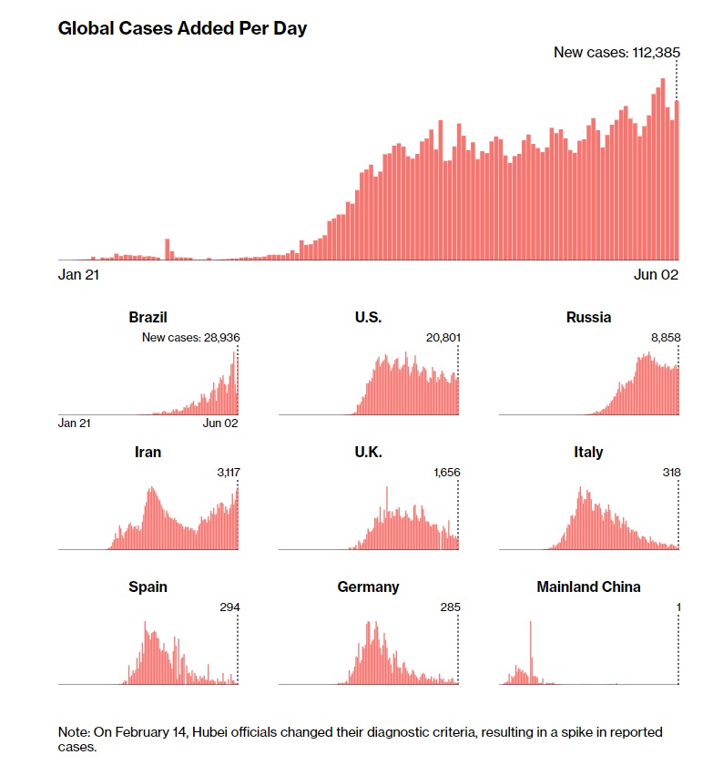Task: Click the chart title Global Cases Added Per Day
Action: pyautogui.click(x=182, y=28)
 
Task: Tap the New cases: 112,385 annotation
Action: pyautogui.click(x=616, y=52)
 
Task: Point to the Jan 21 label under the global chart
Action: pyautogui.click(x=78, y=274)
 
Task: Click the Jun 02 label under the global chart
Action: pyautogui.click(x=657, y=274)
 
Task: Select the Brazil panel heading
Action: pyautogui.click(x=148, y=317)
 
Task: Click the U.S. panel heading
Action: pyautogui.click(x=368, y=317)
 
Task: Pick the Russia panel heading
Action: pyautogui.click(x=588, y=317)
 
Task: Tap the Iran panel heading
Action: pyautogui.click(x=148, y=452)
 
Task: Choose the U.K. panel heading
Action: pyautogui.click(x=368, y=452)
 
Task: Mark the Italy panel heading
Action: pyautogui.click(x=588, y=452)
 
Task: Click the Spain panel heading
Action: pyautogui.click(x=148, y=586)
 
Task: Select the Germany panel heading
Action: pyautogui.click(x=368, y=586)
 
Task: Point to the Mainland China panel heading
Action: pyautogui.click(x=588, y=586)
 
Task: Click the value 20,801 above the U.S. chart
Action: pyautogui.click(x=443, y=338)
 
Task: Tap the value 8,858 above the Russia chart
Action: pyautogui.click(x=664, y=338)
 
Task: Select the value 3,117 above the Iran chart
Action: pyautogui.click(x=224, y=473)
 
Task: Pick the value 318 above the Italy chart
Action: pyautogui.click(x=669, y=473)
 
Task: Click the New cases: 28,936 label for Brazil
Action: pyautogui.click(x=190, y=338)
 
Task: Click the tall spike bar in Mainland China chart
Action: pyautogui.click(x=530, y=652)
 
